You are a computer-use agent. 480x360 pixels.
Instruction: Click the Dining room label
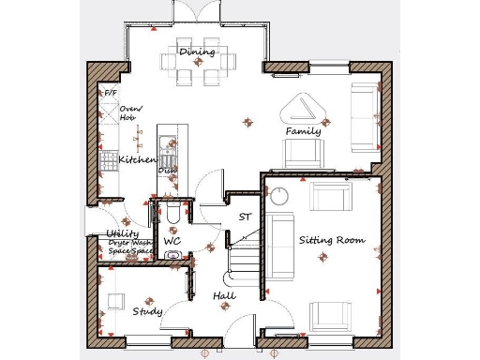pos(197,52)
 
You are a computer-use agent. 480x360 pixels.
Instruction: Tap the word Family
pos(303,131)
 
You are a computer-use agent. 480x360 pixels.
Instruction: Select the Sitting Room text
pos(331,240)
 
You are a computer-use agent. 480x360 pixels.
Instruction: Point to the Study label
pos(147,311)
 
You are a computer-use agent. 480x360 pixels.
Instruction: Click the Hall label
pos(224,296)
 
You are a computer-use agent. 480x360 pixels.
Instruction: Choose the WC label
pos(172,241)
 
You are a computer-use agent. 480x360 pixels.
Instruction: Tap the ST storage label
pos(245,217)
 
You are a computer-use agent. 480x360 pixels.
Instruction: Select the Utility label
pos(123,233)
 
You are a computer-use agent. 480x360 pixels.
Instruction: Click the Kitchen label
pos(137,160)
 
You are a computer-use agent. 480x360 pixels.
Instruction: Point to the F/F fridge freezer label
pos(110,94)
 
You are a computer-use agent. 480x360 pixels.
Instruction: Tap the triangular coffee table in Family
pos(305,109)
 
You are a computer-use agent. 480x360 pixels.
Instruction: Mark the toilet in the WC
pos(175,216)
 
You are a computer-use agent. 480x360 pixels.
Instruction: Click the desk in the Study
pos(114,301)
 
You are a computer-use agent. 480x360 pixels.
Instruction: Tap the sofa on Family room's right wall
pos(363,117)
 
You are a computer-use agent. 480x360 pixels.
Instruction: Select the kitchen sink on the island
pos(167,144)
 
